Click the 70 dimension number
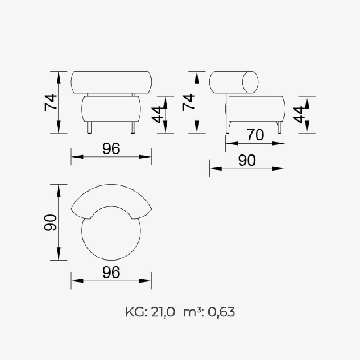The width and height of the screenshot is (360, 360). coord(255,135)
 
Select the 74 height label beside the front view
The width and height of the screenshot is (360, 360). coord(50,102)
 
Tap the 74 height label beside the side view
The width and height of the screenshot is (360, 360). coord(189,102)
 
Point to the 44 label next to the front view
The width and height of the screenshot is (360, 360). coord(157,115)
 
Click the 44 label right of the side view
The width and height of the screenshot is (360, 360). coord(299,115)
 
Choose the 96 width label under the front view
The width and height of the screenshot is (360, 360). coord(111,148)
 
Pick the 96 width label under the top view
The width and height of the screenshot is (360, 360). coord(111,272)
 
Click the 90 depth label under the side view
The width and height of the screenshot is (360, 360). coord(247,160)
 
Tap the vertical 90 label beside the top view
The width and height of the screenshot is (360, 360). coord(50,222)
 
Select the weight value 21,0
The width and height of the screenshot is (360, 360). coord(163,312)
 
